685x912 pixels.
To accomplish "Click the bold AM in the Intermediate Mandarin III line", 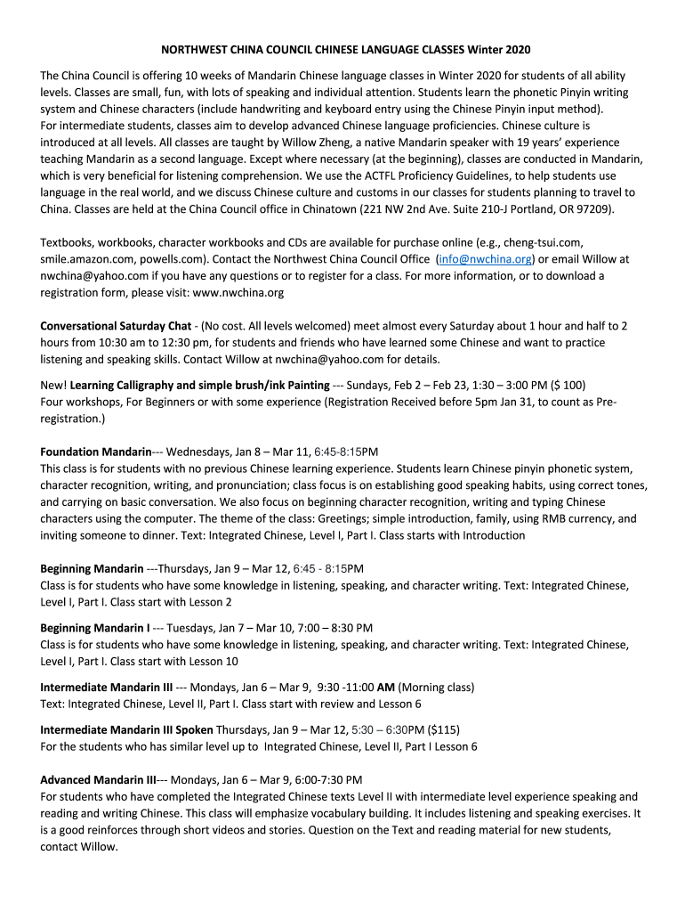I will point(386,687).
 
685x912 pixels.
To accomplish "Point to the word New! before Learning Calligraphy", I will point(53,385).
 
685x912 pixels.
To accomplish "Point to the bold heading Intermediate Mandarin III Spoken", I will point(126,729).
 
